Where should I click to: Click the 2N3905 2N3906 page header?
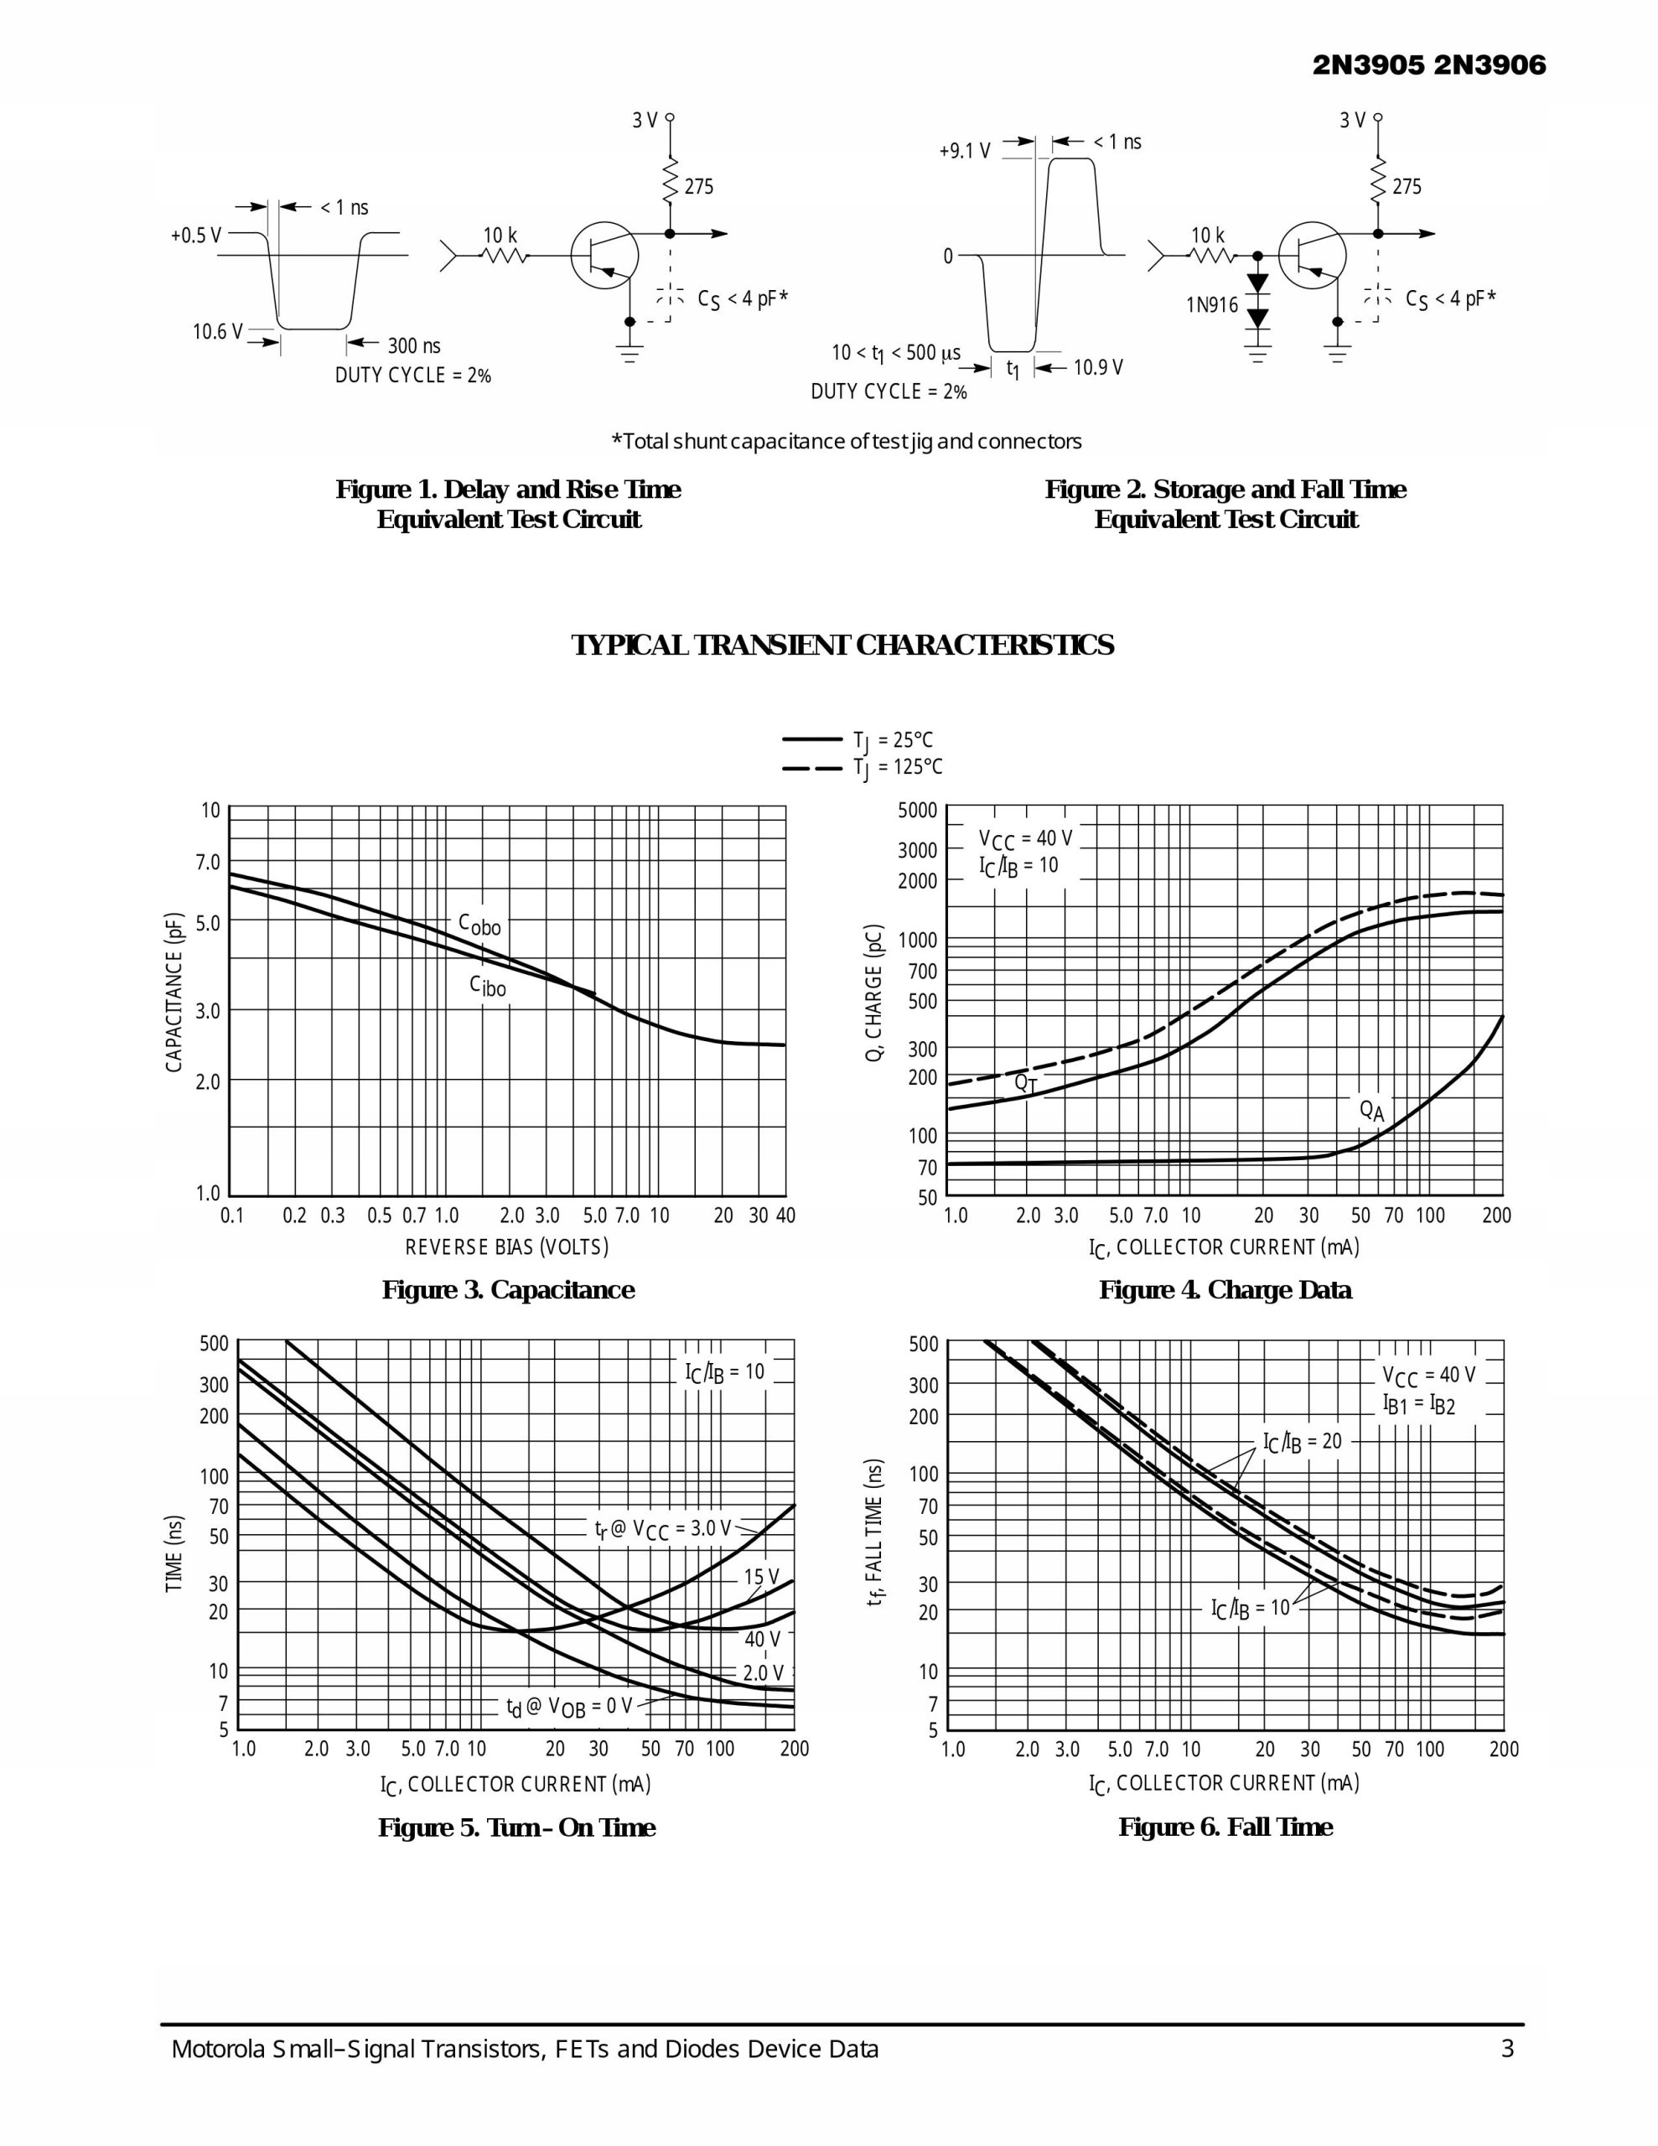(1429, 66)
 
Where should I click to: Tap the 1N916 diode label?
(1212, 304)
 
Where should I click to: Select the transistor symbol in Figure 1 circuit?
(604, 256)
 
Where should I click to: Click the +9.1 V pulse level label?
(964, 152)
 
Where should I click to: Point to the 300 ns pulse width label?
(414, 346)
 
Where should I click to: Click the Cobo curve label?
(479, 924)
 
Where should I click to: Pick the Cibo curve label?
(488, 986)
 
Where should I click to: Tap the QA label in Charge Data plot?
(1371, 1111)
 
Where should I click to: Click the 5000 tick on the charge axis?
(917, 811)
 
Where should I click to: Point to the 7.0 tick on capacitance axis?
(207, 862)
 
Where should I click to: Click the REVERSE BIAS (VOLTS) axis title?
(507, 1247)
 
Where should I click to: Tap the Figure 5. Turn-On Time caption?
(517, 1827)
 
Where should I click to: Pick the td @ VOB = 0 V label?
(569, 1707)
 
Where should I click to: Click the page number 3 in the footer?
(1506, 2049)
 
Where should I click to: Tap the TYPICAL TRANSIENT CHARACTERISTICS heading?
(842, 645)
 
